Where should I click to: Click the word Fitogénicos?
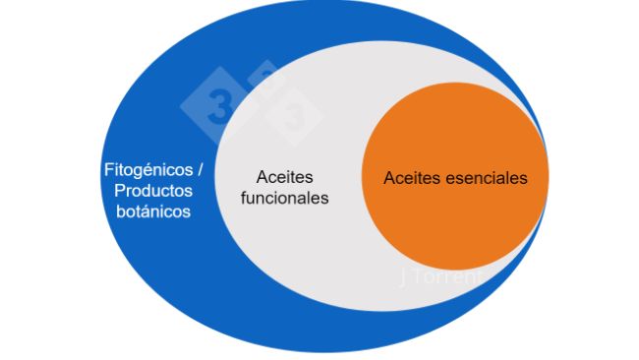pyautogui.click(x=144, y=169)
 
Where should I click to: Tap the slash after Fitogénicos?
pyautogui.click(x=187, y=169)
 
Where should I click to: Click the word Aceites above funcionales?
pyautogui.click(x=284, y=177)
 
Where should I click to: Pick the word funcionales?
pyautogui.click(x=284, y=198)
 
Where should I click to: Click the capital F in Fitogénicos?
pyautogui.click(x=106, y=169)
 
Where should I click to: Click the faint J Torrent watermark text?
pyautogui.click(x=444, y=276)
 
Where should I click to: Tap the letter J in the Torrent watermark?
pyautogui.click(x=405, y=276)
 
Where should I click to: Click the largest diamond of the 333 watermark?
pyautogui.click(x=218, y=105)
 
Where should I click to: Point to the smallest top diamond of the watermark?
pyautogui.click(x=263, y=77)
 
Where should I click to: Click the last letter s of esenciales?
pyautogui.click(x=523, y=178)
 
